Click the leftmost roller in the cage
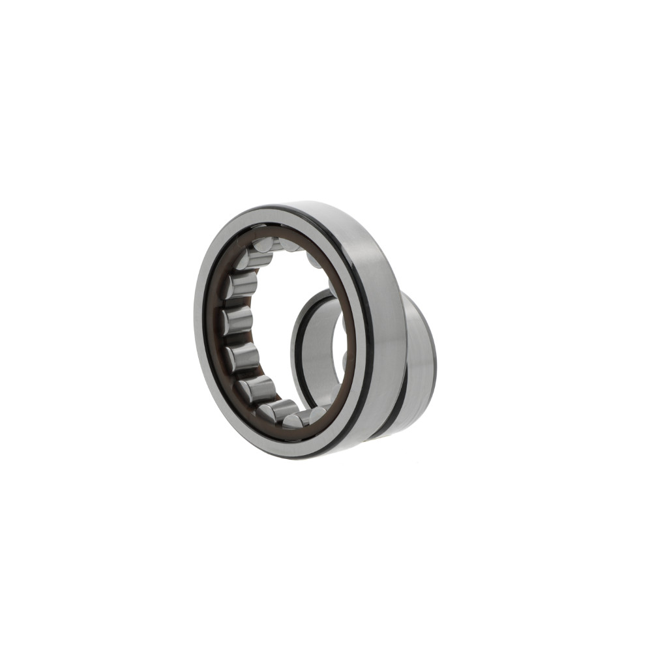tap(236, 321)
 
